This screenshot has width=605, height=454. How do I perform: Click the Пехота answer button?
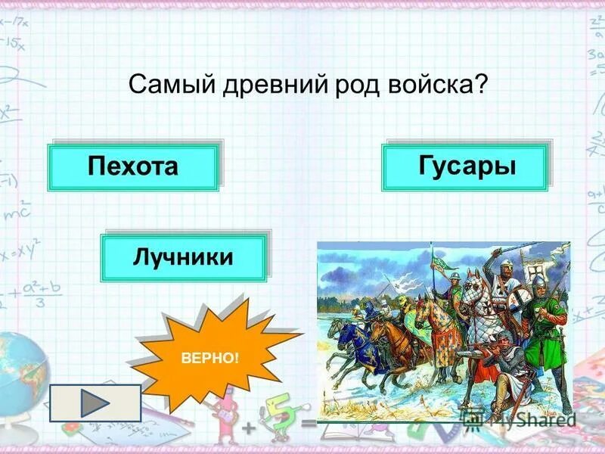click(x=133, y=166)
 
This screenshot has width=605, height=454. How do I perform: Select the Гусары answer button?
click(x=465, y=166)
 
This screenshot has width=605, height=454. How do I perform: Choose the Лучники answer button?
click(x=184, y=257)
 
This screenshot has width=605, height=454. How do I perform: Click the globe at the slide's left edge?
click(x=19, y=371)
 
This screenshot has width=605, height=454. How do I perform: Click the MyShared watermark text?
click(x=529, y=418)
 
